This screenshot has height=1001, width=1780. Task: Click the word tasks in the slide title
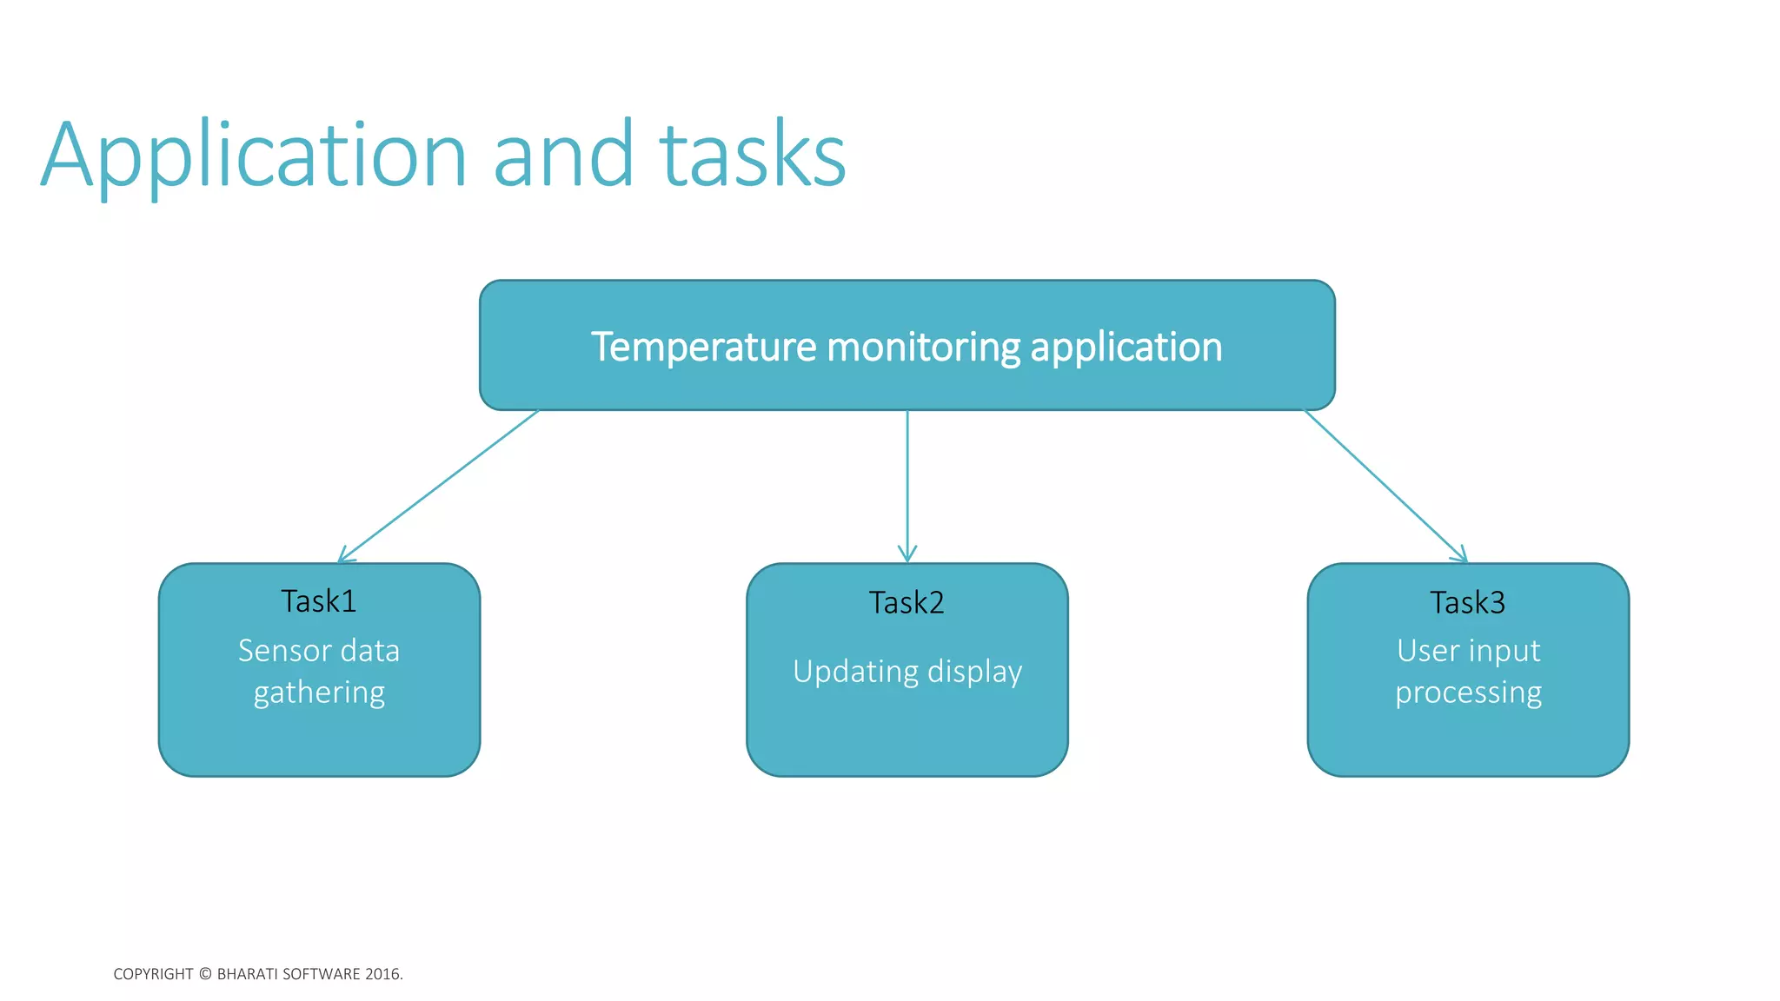point(753,156)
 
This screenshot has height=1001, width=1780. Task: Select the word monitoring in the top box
point(923,347)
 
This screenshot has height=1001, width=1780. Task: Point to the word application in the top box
point(1126,347)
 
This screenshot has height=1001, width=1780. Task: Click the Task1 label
point(319,601)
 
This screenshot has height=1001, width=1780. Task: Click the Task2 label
point(907,602)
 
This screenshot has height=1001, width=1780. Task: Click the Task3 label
point(1468,602)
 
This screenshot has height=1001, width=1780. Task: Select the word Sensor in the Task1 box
point(283,651)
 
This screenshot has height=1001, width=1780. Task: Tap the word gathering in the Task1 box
point(319,693)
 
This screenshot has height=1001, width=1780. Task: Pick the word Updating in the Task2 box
point(855,672)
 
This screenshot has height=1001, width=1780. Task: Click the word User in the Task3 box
point(1425,651)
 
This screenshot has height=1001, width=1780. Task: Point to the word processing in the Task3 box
point(1468,693)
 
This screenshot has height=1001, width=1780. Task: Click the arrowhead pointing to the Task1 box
point(342,557)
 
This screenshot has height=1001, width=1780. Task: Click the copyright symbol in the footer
point(205,974)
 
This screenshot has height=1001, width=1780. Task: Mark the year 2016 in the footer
point(382,974)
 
